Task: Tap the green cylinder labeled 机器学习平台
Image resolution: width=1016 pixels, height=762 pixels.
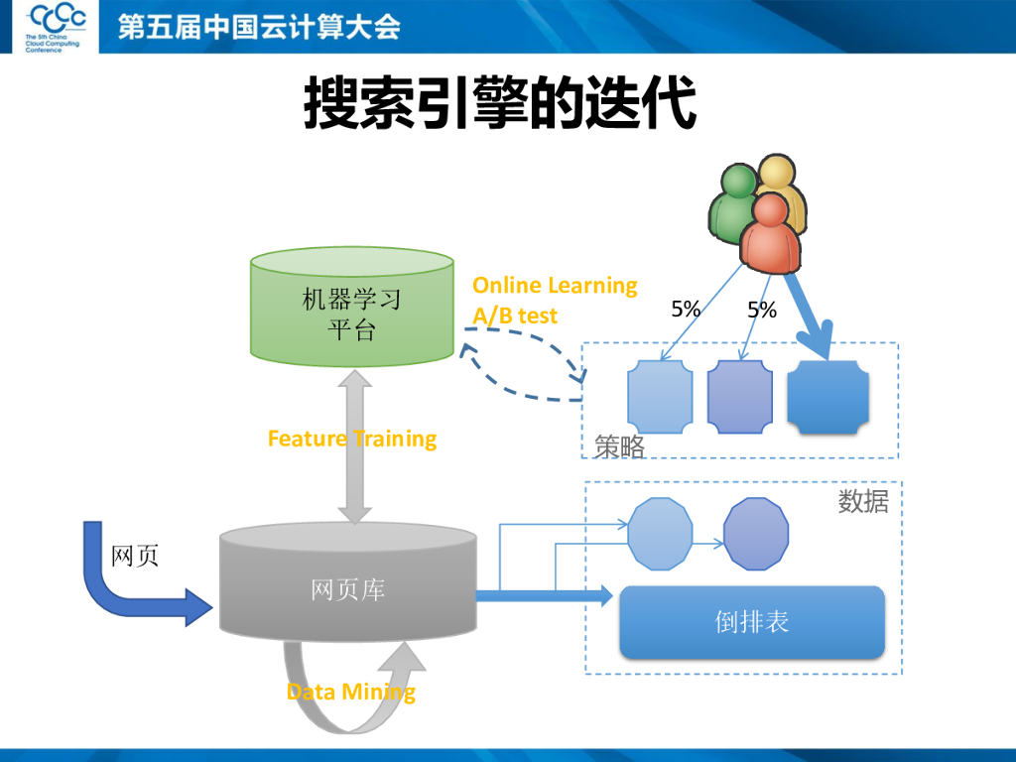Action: [x=351, y=308]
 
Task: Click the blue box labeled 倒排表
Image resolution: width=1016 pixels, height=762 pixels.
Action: [x=751, y=622]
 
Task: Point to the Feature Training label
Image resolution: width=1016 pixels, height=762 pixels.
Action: [x=352, y=439]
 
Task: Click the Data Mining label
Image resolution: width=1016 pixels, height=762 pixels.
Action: [x=351, y=692]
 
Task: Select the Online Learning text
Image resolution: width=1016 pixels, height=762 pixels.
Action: [x=555, y=286]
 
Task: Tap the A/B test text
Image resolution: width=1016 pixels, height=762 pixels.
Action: [x=515, y=316]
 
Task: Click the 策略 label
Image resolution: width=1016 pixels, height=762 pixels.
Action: [x=619, y=447]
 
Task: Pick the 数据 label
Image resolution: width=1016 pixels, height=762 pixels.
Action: [x=862, y=501]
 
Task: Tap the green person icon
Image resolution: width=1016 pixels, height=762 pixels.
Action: [x=732, y=203]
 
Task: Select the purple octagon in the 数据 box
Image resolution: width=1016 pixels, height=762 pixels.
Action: [x=756, y=535]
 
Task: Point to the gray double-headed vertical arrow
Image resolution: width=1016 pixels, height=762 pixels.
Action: [x=353, y=446]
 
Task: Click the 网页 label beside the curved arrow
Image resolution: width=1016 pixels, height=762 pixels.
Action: [x=134, y=556]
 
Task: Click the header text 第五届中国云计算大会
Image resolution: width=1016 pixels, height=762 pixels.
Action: [x=259, y=27]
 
